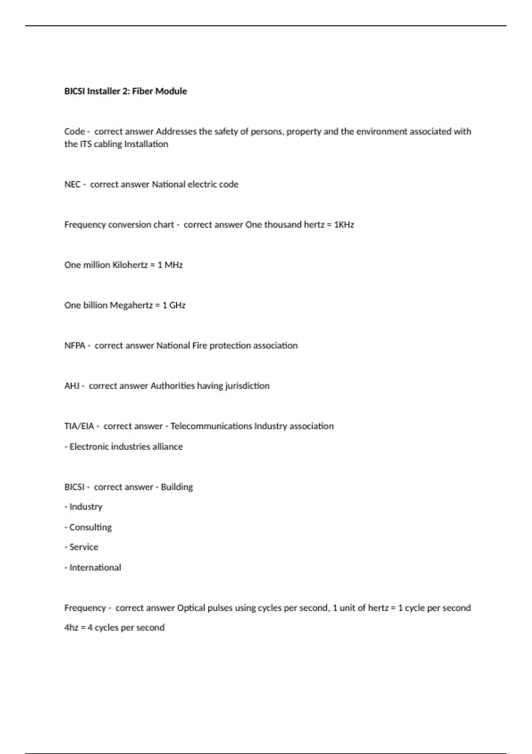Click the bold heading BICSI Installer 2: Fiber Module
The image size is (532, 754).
(x=125, y=91)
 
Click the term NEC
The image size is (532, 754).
(x=72, y=185)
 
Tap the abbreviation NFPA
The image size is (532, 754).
(x=75, y=346)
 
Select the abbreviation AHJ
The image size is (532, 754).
(x=72, y=386)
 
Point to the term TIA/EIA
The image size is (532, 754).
(x=79, y=426)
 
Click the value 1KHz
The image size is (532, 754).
(x=344, y=225)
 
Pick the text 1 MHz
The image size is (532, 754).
(x=170, y=265)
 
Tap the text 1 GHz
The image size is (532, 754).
(x=174, y=306)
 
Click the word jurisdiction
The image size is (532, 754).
(x=247, y=386)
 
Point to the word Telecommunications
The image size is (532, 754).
(x=211, y=426)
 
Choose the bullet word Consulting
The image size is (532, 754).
(x=90, y=527)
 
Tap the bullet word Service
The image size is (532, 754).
(x=84, y=547)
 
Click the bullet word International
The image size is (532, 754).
(x=95, y=568)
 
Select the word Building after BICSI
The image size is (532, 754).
(x=177, y=487)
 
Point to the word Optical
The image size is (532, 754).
(x=191, y=608)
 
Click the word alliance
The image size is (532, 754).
(x=168, y=447)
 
